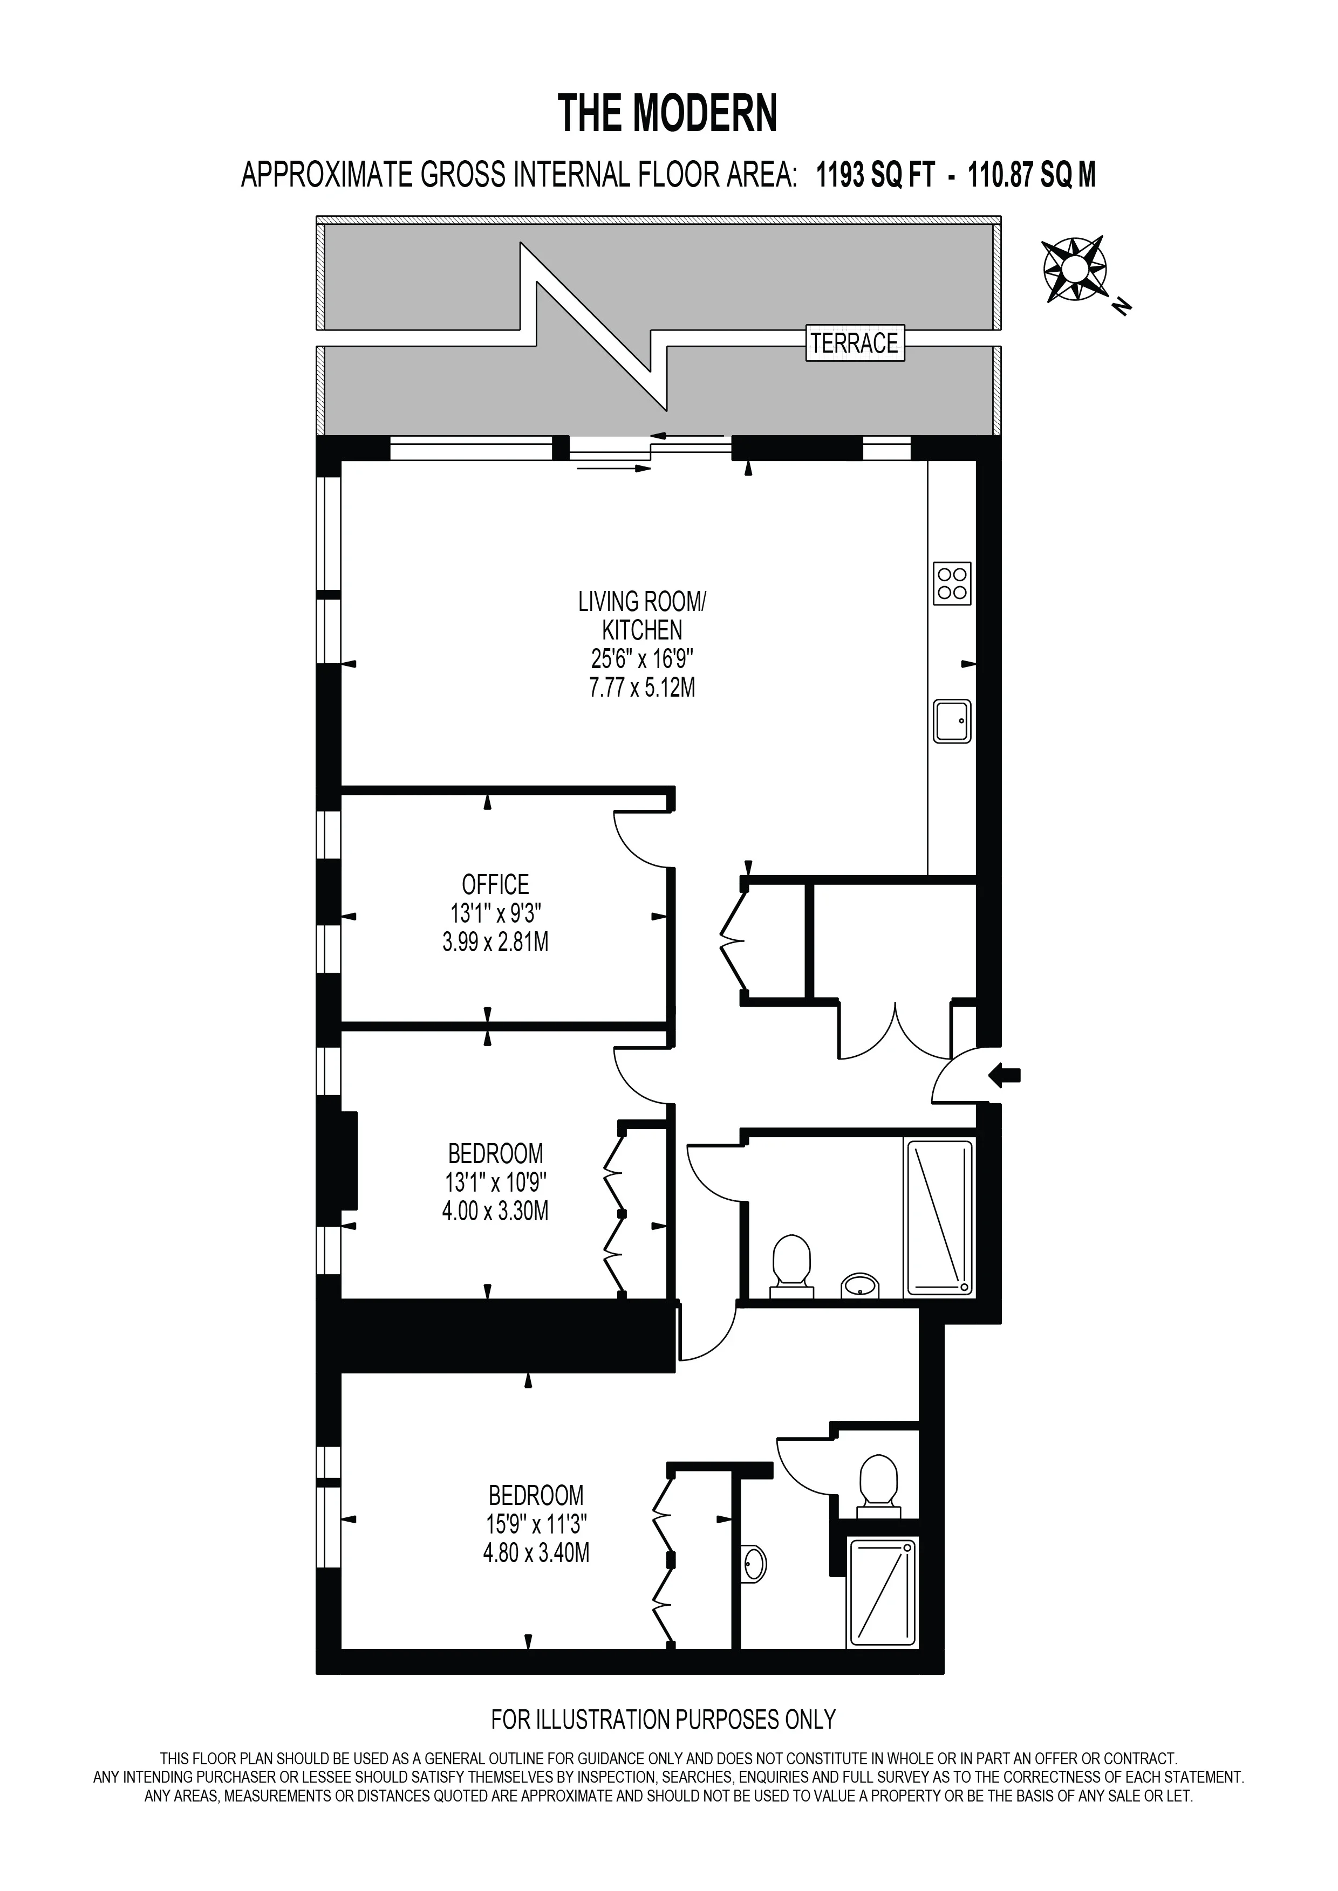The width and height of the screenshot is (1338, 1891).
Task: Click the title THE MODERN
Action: [667, 114]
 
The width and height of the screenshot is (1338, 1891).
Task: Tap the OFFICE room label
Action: [495, 884]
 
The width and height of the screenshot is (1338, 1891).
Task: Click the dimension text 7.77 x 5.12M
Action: [642, 687]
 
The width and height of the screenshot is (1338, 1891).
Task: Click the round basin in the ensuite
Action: [753, 1563]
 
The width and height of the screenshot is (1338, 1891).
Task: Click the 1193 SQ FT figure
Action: [876, 175]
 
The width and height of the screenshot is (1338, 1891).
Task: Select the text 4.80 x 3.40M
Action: [536, 1553]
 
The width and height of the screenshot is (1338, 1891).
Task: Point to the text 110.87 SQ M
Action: [1032, 175]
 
